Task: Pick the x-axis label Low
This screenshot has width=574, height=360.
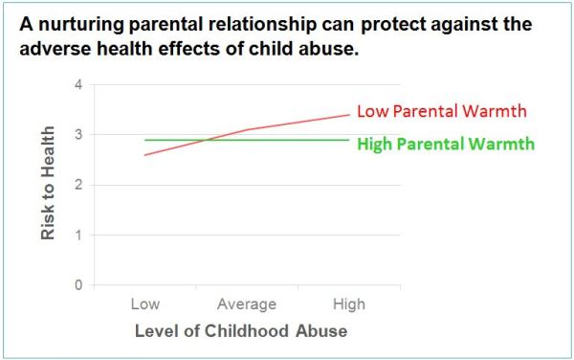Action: click(144, 304)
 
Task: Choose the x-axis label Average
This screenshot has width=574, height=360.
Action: click(247, 304)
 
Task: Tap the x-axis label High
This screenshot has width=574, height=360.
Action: click(348, 304)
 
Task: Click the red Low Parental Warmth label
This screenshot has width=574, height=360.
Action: click(442, 110)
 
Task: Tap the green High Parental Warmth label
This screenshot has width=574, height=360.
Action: click(445, 145)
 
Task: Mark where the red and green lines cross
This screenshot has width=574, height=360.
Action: click(205, 140)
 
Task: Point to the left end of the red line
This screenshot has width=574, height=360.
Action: click(144, 155)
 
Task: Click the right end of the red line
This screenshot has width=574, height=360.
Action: click(349, 115)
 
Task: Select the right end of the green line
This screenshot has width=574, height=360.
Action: click(349, 140)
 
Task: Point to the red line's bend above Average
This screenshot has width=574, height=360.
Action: click(247, 129)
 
